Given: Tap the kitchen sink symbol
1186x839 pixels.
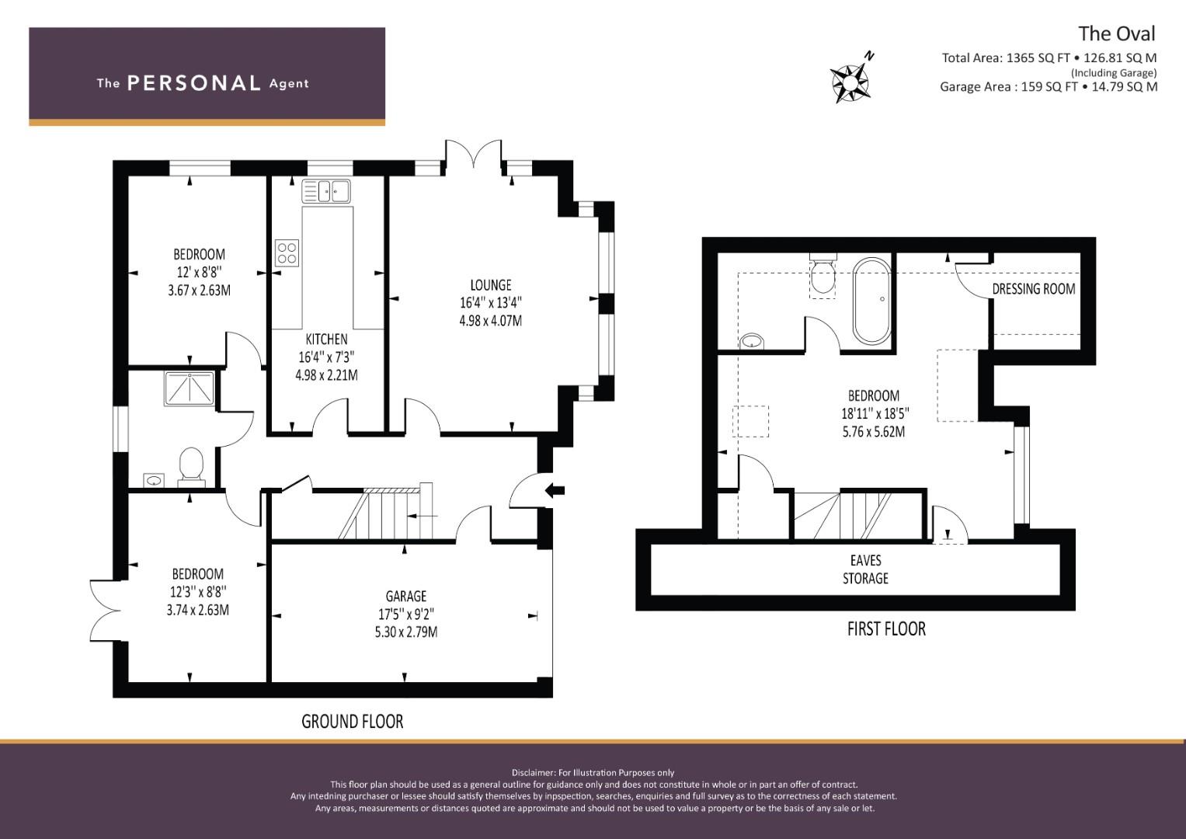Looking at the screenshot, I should click(327, 190).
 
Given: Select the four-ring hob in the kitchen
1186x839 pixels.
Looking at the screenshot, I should click(287, 252).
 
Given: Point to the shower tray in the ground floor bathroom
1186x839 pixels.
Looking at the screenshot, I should click(190, 388).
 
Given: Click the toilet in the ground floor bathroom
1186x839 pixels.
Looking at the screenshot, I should click(190, 466).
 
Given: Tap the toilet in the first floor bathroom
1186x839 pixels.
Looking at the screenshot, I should click(823, 275).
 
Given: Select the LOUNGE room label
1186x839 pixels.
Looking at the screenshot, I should click(490, 285).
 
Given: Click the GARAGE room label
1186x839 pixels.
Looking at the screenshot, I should click(406, 596).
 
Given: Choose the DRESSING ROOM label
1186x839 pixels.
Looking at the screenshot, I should click(1033, 289).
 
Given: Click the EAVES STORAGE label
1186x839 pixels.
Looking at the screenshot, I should click(865, 569).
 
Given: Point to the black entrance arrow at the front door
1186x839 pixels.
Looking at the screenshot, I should click(555, 489).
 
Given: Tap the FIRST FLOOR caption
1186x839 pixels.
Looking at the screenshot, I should click(885, 628).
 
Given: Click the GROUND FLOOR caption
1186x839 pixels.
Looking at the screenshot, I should click(352, 721).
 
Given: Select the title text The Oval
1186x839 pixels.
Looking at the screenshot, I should click(1116, 33).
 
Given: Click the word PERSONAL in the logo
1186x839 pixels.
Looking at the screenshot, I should click(193, 83).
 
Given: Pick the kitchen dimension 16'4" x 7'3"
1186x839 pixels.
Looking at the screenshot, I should click(326, 357).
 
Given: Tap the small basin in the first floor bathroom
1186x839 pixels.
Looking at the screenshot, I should click(751, 339).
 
